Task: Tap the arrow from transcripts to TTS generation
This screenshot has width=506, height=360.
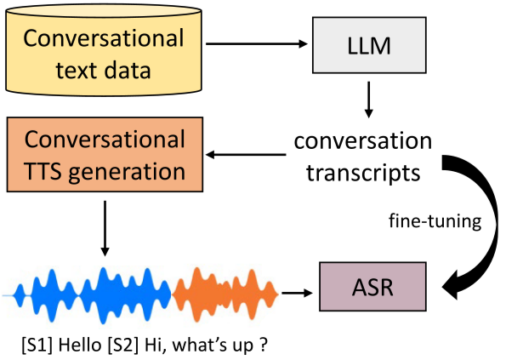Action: click(247, 155)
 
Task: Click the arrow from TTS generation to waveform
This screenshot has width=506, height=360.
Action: click(104, 227)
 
